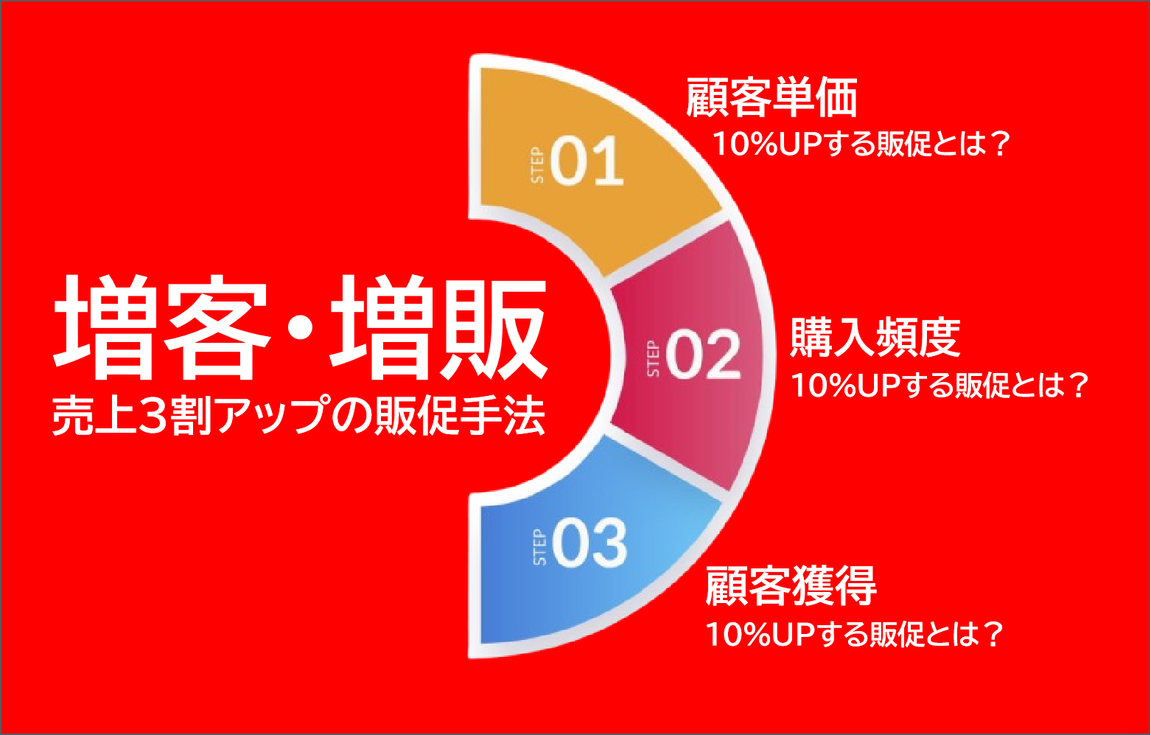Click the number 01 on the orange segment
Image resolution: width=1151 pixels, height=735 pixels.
(x=587, y=161)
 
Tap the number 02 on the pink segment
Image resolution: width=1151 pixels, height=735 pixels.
(x=704, y=354)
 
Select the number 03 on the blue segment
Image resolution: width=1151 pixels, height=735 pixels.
(x=590, y=543)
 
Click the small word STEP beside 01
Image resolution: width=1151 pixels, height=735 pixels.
(x=537, y=165)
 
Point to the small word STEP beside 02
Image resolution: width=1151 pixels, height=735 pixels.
(x=653, y=359)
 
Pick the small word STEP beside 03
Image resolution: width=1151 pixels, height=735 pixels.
(x=539, y=547)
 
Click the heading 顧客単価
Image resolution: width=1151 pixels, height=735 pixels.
(x=772, y=97)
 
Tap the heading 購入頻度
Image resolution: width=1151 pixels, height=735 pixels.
(x=875, y=337)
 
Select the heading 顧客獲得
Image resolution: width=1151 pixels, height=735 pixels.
(x=791, y=586)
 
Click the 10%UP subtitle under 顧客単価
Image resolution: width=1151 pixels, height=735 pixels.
(x=862, y=144)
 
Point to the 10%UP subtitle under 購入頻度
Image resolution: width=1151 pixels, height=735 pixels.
(x=940, y=385)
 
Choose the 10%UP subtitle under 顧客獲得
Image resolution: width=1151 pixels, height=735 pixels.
(x=854, y=634)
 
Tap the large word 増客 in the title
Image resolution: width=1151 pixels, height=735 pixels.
(x=162, y=327)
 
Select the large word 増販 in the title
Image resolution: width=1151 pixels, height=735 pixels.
(x=439, y=327)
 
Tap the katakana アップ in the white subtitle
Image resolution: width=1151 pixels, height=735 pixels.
(x=273, y=415)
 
